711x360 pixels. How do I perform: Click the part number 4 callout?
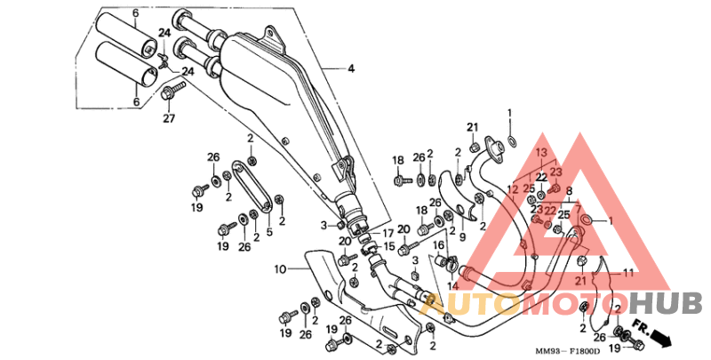[350, 68]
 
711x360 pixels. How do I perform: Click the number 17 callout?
[387, 233]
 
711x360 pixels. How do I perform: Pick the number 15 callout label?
[387, 244]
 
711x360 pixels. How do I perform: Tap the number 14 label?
[452, 285]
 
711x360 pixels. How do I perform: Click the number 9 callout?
[462, 237]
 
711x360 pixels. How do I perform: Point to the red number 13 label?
[539, 153]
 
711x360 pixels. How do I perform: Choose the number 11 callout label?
[627, 272]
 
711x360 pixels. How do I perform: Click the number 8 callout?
[568, 191]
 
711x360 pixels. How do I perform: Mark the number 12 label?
[512, 188]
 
